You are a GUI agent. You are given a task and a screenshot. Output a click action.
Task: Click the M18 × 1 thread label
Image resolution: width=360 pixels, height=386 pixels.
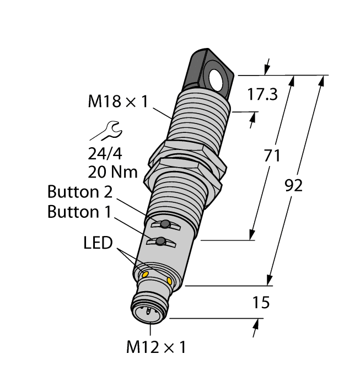[117, 101]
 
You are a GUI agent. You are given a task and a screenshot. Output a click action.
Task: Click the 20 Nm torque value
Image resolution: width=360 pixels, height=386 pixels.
[112, 172]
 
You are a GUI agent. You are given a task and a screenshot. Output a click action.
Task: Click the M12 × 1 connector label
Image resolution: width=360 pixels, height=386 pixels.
[157, 347]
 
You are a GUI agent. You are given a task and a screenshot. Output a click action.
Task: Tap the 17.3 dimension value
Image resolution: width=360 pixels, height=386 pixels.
[261, 94]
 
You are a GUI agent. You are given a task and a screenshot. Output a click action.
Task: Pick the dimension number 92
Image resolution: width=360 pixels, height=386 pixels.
[293, 186]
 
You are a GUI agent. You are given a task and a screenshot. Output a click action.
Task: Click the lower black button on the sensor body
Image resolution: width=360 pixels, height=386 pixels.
[160, 242]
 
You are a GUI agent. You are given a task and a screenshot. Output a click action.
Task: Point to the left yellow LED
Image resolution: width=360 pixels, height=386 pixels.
[146, 274]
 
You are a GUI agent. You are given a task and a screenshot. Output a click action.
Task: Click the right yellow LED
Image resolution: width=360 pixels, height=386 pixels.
[169, 282]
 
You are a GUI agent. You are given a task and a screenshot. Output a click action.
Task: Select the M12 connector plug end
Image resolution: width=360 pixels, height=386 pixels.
[147, 310]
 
